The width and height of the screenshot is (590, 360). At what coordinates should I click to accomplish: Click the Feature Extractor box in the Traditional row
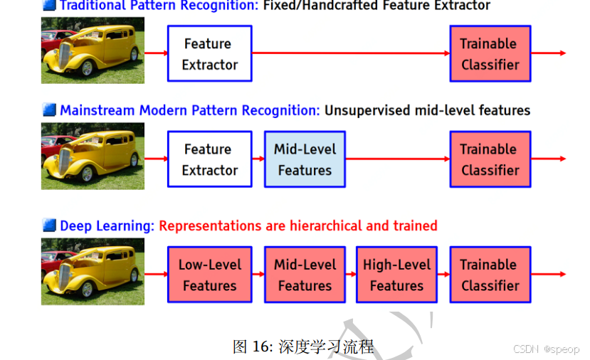click(210, 53)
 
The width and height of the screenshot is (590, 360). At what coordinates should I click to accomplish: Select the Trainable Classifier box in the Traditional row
click(490, 53)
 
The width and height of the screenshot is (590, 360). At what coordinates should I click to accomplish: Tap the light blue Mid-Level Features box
click(305, 159)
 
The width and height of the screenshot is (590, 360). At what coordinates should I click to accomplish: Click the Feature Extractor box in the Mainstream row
click(210, 159)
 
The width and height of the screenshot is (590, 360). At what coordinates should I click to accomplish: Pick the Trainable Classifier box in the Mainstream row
click(490, 159)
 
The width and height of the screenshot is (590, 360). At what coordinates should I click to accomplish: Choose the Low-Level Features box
click(210, 275)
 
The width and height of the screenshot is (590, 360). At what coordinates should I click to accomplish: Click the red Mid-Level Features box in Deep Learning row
click(305, 275)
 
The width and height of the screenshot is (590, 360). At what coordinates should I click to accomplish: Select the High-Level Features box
click(396, 275)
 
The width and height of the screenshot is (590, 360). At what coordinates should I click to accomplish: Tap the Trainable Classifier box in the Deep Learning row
click(490, 275)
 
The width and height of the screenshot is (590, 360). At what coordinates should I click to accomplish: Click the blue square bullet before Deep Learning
click(49, 226)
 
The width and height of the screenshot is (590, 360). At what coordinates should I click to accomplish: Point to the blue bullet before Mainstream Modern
click(49, 110)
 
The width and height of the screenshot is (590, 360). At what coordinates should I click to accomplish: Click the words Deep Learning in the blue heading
click(107, 226)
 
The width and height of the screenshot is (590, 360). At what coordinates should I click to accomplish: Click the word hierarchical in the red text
click(327, 226)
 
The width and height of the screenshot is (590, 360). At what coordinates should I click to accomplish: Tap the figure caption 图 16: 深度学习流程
click(302, 346)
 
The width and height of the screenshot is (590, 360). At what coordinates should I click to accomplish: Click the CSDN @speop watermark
click(546, 349)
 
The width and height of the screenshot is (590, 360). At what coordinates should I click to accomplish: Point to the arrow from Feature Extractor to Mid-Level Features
click(258, 159)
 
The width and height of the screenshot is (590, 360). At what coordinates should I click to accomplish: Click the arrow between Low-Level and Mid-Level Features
click(258, 275)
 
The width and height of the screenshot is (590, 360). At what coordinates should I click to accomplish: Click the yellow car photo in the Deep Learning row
click(93, 272)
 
